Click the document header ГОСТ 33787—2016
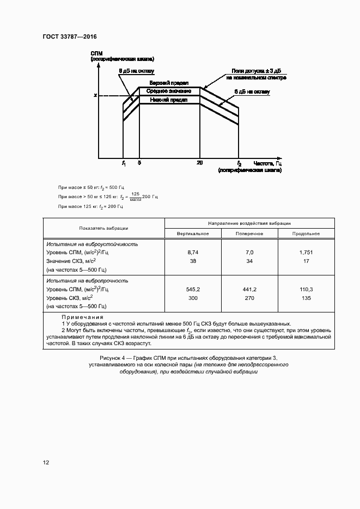coord(69,36)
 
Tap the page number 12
coord(46,462)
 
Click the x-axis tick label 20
coord(200,163)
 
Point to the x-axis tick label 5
coord(139,163)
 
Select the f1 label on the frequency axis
coord(124,163)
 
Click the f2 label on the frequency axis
coord(239,163)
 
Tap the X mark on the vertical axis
coord(95,96)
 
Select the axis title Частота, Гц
coord(267,163)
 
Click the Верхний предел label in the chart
coord(169,83)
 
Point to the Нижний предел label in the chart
coord(169,100)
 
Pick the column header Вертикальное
coord(193,233)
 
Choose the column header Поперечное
coord(249,233)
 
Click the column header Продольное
coord(306,233)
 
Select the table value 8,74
coord(193,253)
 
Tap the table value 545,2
coord(193,289)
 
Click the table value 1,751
coord(306,253)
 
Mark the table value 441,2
coord(249,289)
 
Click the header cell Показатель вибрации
coord(103,228)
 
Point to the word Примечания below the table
coord(82,316)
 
